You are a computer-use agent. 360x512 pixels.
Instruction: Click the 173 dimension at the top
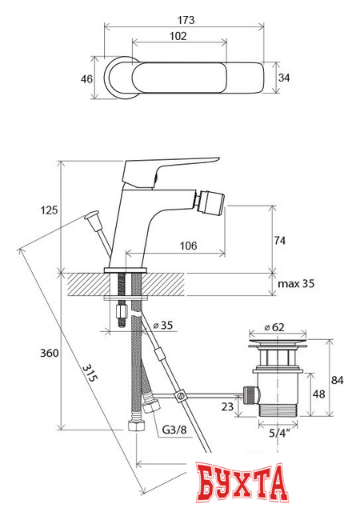(186, 20)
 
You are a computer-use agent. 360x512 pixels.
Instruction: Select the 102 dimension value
(178, 36)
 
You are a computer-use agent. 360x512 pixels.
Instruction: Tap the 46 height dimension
(86, 79)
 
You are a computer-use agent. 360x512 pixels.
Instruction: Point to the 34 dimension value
(284, 78)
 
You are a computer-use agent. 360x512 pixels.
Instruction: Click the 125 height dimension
(49, 210)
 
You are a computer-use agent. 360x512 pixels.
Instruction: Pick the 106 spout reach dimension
(189, 246)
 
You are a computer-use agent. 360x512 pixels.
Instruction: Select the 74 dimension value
(280, 241)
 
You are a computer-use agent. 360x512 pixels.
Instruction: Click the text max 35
(296, 283)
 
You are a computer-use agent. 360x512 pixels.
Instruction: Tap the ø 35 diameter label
(163, 326)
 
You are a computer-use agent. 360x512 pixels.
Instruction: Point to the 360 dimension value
(50, 353)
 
